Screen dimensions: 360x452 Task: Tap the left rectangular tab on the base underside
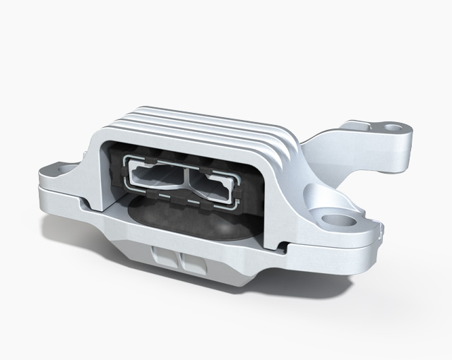pyautogui.click(x=163, y=258)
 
